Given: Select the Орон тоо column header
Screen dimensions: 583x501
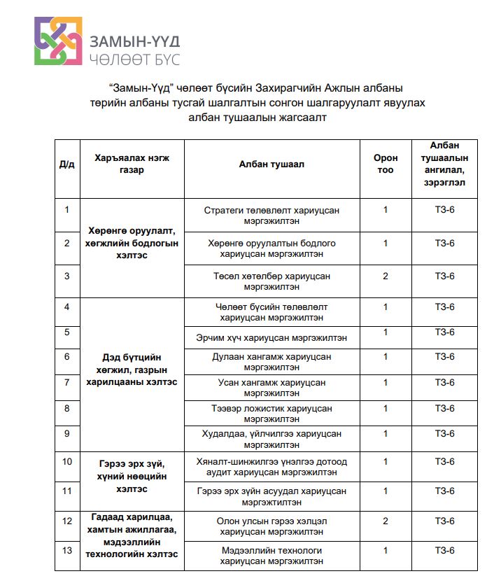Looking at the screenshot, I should pyautogui.click(x=386, y=164).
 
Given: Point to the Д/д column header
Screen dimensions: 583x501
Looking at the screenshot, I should pyautogui.click(x=67, y=164).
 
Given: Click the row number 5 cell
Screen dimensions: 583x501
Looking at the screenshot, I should pyautogui.click(x=67, y=332).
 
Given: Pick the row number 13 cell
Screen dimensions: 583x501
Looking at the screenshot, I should pyautogui.click(x=67, y=550).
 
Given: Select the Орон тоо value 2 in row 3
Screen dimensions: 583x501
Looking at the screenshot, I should pyautogui.click(x=386, y=276).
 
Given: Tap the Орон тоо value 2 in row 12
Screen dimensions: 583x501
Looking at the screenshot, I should pyautogui.click(x=386, y=521).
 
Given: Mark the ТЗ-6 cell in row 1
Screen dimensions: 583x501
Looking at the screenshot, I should pyautogui.click(x=445, y=209).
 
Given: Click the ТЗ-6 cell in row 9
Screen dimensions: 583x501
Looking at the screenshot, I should pyautogui.click(x=445, y=433).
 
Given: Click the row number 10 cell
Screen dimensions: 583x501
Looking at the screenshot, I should pyautogui.click(x=67, y=461).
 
